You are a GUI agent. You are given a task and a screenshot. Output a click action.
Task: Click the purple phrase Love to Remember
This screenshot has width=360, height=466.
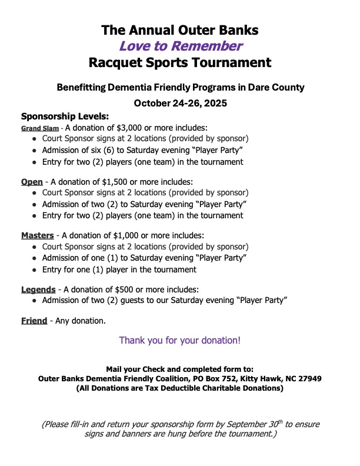[x=179, y=46]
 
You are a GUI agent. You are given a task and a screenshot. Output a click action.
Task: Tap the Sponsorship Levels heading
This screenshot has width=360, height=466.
[x=65, y=116]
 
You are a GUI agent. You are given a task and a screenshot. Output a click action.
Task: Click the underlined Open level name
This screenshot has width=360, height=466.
[x=32, y=182]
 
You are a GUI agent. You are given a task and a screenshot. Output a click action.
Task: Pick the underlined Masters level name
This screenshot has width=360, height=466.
[x=38, y=235]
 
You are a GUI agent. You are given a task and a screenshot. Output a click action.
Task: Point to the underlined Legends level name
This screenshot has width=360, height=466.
[x=38, y=289]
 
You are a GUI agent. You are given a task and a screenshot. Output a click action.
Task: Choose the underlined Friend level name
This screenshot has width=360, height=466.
[x=34, y=321]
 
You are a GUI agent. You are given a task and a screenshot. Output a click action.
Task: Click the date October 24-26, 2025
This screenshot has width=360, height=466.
[x=180, y=103]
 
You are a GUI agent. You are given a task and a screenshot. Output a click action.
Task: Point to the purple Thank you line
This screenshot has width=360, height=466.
[x=179, y=340]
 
